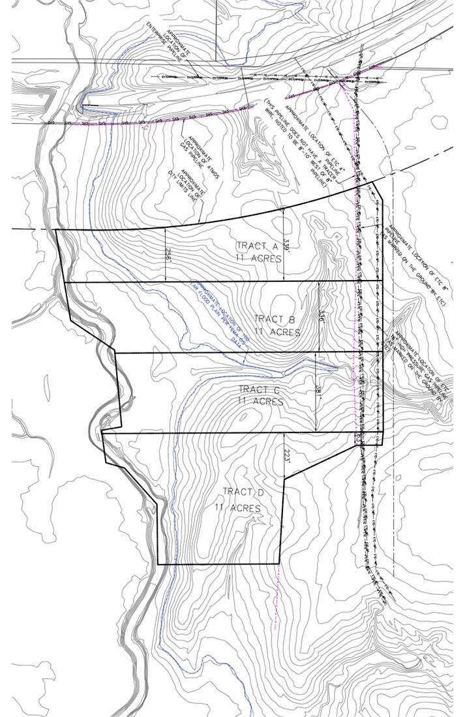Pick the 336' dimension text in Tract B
point(321,316)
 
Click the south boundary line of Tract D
point(218,564)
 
